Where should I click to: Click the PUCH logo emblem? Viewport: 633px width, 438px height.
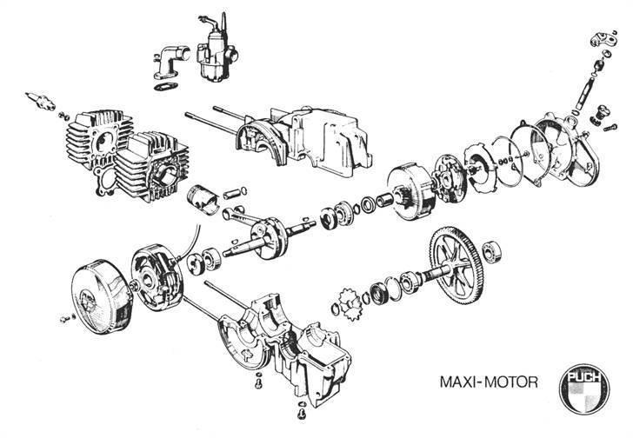[583, 388]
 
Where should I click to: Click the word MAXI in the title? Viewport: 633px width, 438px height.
[457, 382]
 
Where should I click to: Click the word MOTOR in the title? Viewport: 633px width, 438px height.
[510, 382]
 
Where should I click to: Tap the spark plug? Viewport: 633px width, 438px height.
[40, 101]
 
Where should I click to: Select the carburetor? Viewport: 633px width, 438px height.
[216, 50]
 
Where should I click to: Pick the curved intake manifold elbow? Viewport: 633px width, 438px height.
[171, 62]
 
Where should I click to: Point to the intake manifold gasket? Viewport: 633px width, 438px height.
[166, 86]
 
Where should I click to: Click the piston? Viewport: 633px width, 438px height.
[203, 199]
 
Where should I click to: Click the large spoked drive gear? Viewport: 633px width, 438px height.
[457, 267]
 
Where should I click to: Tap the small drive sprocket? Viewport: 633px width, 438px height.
[350, 304]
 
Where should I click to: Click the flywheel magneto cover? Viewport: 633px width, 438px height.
[102, 296]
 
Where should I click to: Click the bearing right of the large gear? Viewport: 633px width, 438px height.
[491, 252]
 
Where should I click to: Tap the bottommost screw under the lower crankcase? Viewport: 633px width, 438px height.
[301, 414]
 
